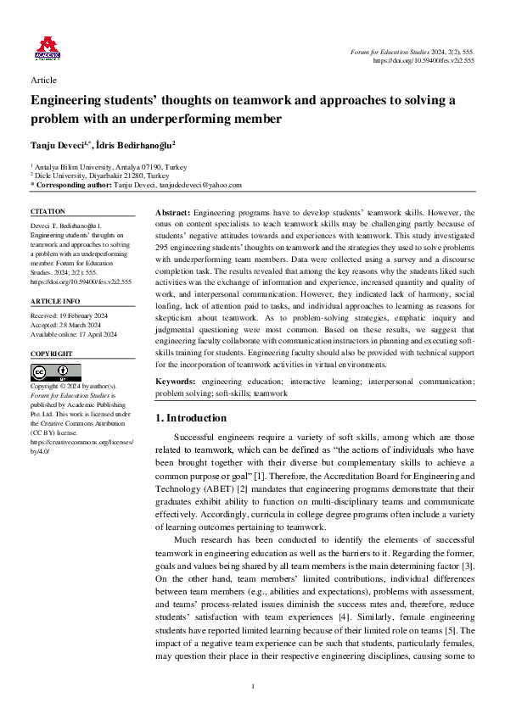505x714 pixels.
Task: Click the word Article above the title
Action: pos(43,80)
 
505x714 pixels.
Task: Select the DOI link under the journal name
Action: pos(424,61)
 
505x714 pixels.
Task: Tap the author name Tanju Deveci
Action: pos(59,146)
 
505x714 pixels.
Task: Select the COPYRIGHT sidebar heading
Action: pos(52,354)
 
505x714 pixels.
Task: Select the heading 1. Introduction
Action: pos(192,418)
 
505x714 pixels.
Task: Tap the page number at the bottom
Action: pos(252,686)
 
